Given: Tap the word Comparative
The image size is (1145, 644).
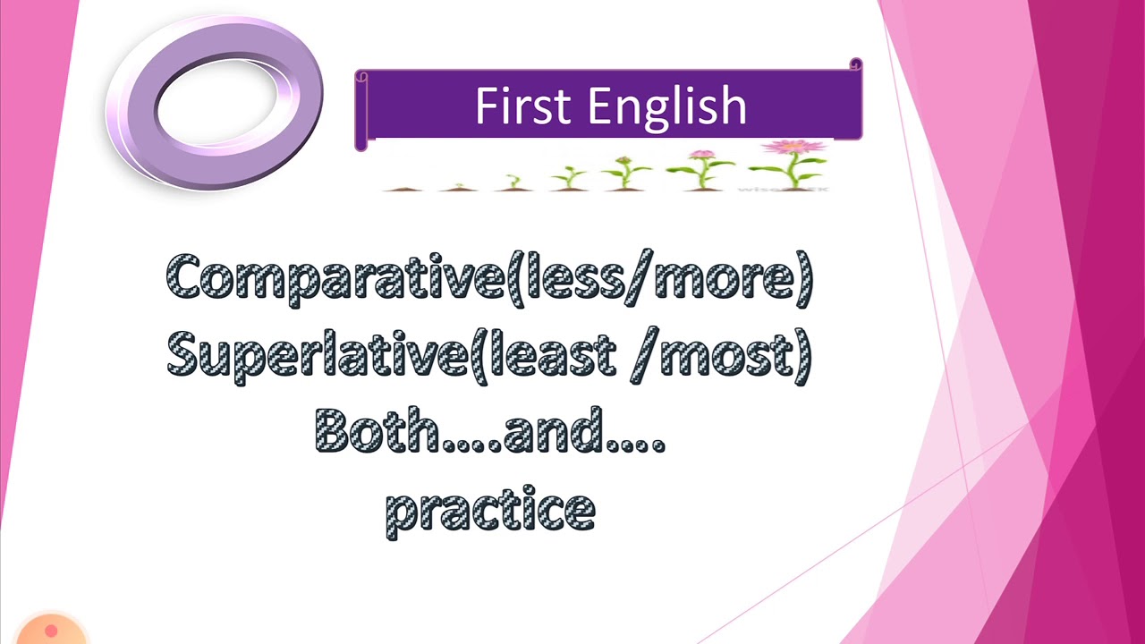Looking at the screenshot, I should tap(335, 279).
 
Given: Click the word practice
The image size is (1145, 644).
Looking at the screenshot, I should tap(490, 510).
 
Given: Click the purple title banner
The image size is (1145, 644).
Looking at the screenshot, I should tap(608, 106).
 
